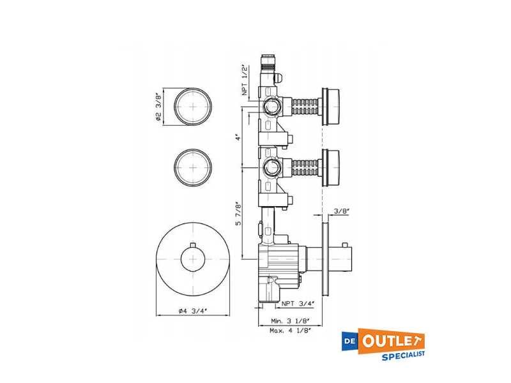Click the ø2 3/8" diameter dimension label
tap(158, 107)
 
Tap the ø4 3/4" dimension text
tap(193, 311)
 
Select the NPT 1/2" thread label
tap(245, 80)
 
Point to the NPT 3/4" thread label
tap(298, 304)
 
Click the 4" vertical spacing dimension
tap(239, 137)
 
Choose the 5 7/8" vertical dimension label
tap(239, 213)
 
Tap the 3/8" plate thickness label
tap(342, 211)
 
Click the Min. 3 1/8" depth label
tap(290, 321)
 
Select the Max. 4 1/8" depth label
tap(291, 331)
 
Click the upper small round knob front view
tap(193, 106)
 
